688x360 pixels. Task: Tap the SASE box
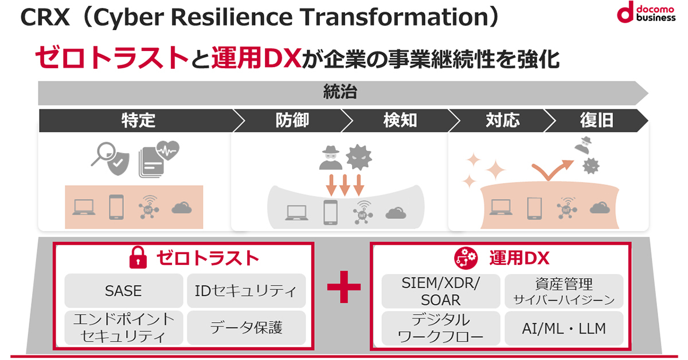pos(123,291)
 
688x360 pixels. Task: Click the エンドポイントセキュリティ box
pos(123,328)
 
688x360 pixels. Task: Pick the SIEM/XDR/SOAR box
pos(441,291)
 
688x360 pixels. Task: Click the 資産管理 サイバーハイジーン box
pos(564,291)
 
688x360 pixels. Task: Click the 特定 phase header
pos(138,120)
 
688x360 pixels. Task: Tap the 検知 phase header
pos(400,120)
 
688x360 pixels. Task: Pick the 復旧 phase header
pos(596,120)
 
